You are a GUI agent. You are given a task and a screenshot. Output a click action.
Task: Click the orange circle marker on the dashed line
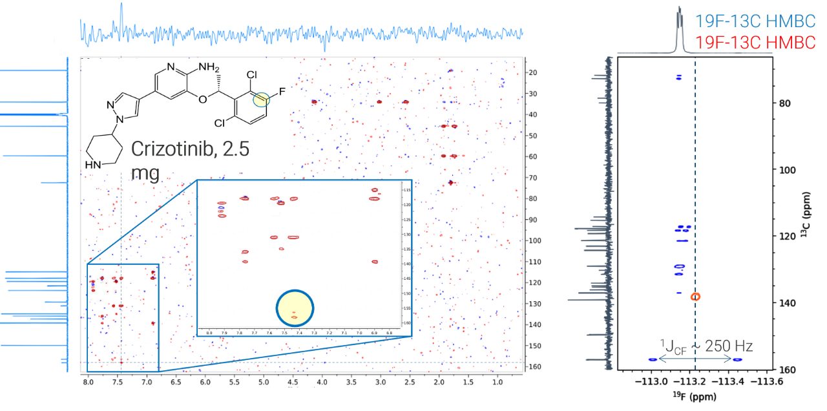click(x=695, y=297)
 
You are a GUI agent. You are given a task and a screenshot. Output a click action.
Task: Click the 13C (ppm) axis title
click(x=804, y=213)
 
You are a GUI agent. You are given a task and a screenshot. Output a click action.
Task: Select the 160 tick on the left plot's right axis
click(x=534, y=367)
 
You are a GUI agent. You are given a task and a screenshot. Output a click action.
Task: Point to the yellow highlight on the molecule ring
click(x=261, y=99)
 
